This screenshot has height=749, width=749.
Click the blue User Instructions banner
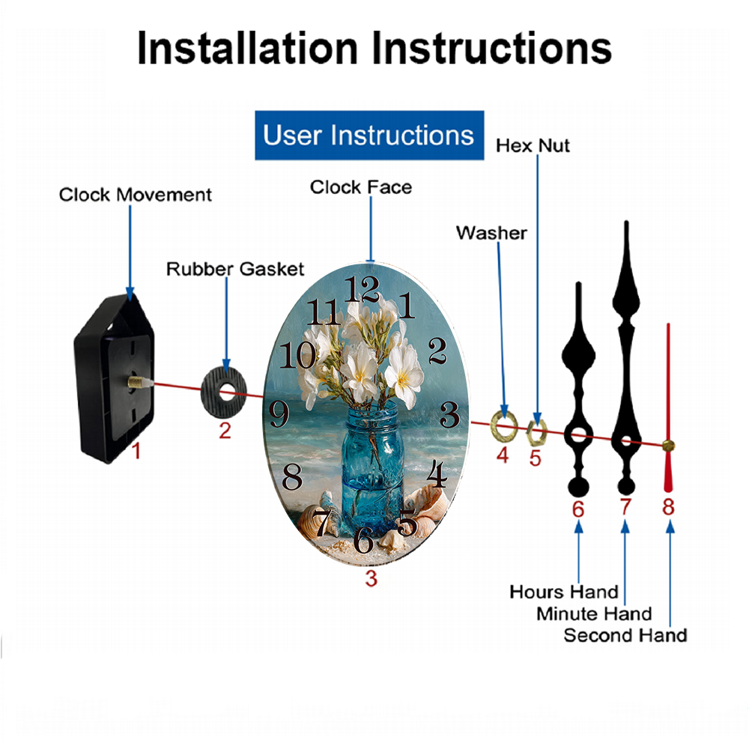[369, 135]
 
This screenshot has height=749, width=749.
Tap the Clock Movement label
[135, 195]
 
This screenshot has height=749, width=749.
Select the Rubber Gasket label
[235, 269]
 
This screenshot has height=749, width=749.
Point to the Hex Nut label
[533, 145]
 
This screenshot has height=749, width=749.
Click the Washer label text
[491, 233]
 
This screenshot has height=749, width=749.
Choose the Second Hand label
[625, 635]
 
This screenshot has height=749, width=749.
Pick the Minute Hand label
[594, 614]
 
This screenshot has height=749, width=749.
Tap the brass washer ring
[504, 425]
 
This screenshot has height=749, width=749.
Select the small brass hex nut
[536, 431]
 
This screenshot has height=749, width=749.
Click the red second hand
[668, 407]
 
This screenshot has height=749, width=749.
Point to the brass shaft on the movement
[139, 382]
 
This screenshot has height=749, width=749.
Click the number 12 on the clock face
[363, 289]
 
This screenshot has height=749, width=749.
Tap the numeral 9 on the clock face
[279, 413]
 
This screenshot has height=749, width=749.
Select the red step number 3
[372, 578]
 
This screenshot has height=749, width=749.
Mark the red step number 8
[668, 507]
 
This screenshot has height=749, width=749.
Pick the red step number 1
[136, 450]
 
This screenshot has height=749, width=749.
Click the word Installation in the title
[247, 48]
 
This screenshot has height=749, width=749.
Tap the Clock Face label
[361, 187]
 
